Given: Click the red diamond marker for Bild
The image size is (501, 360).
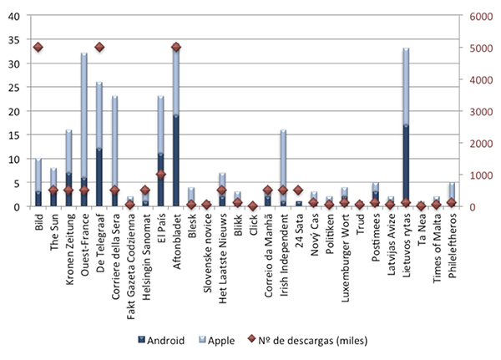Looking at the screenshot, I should pyautogui.click(x=38, y=48).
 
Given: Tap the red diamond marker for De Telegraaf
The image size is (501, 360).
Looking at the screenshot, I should pyautogui.click(x=99, y=48).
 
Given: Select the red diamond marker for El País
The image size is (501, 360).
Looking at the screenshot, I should pyautogui.click(x=160, y=175).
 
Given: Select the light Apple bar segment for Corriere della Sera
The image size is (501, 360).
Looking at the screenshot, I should pyautogui.click(x=114, y=142).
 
